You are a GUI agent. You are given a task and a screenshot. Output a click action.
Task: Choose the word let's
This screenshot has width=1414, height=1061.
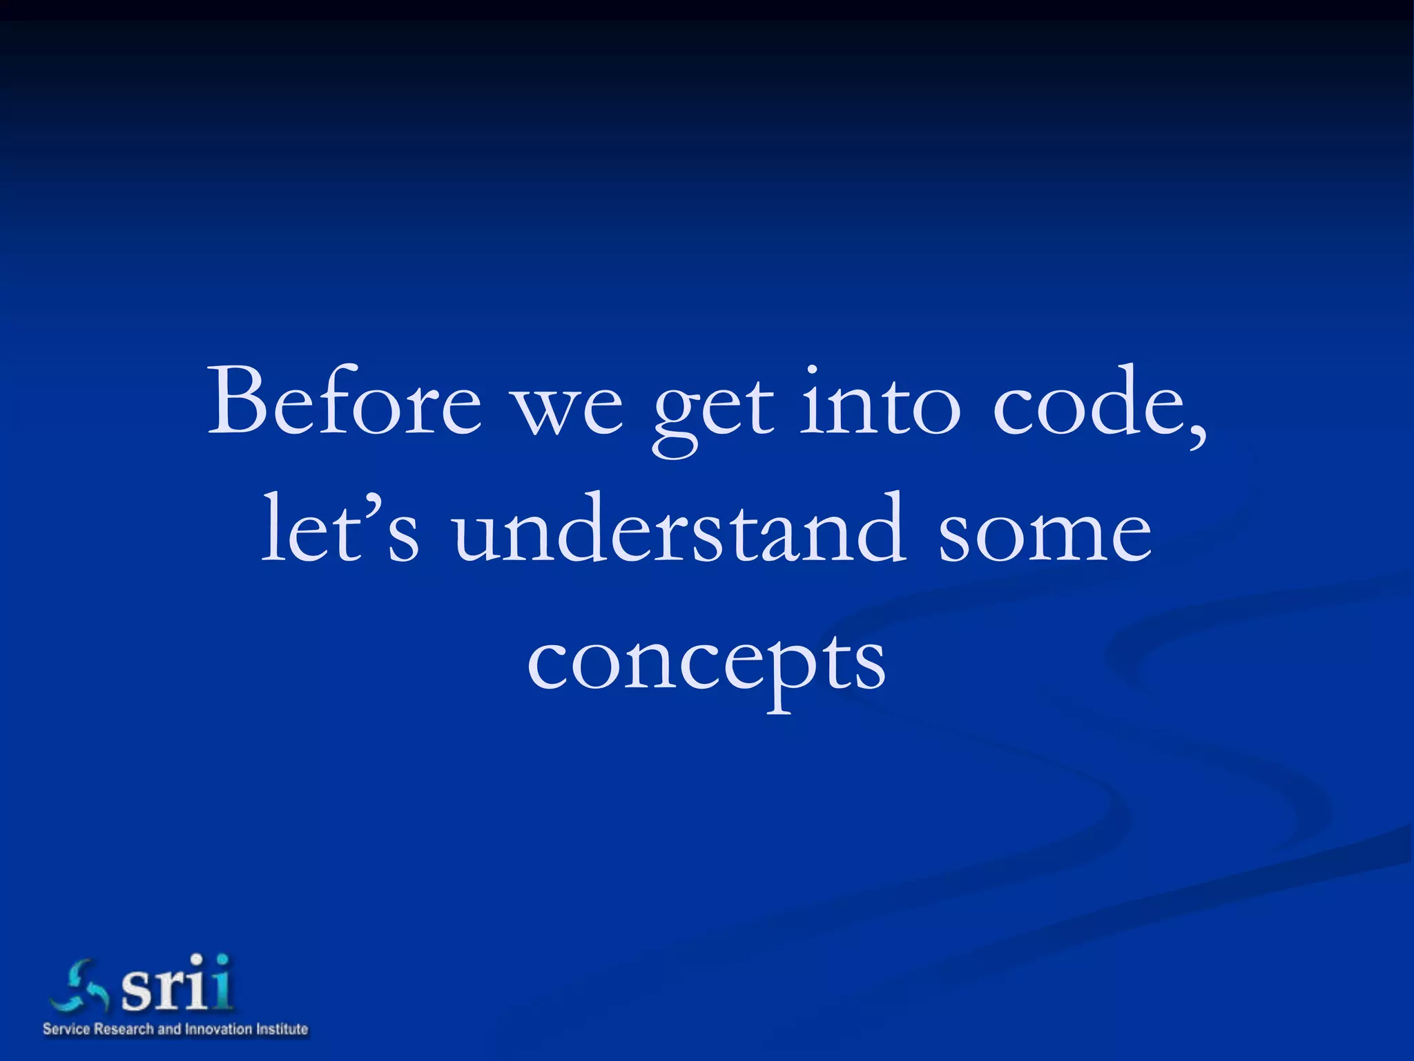tap(340, 528)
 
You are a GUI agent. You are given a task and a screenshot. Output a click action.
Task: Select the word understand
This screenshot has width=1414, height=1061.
tap(680, 528)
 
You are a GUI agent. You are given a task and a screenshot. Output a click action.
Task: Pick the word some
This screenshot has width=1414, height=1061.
tap(1045, 535)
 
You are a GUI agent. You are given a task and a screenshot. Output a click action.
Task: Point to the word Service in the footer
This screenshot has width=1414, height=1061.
tap(66, 1029)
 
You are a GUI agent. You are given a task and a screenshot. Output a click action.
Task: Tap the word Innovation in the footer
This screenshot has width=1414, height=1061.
tap(218, 1029)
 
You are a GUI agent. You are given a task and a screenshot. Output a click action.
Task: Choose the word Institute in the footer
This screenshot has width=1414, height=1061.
tap(282, 1029)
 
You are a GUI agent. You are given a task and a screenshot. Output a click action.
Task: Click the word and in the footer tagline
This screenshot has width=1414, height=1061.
tap(169, 1029)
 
